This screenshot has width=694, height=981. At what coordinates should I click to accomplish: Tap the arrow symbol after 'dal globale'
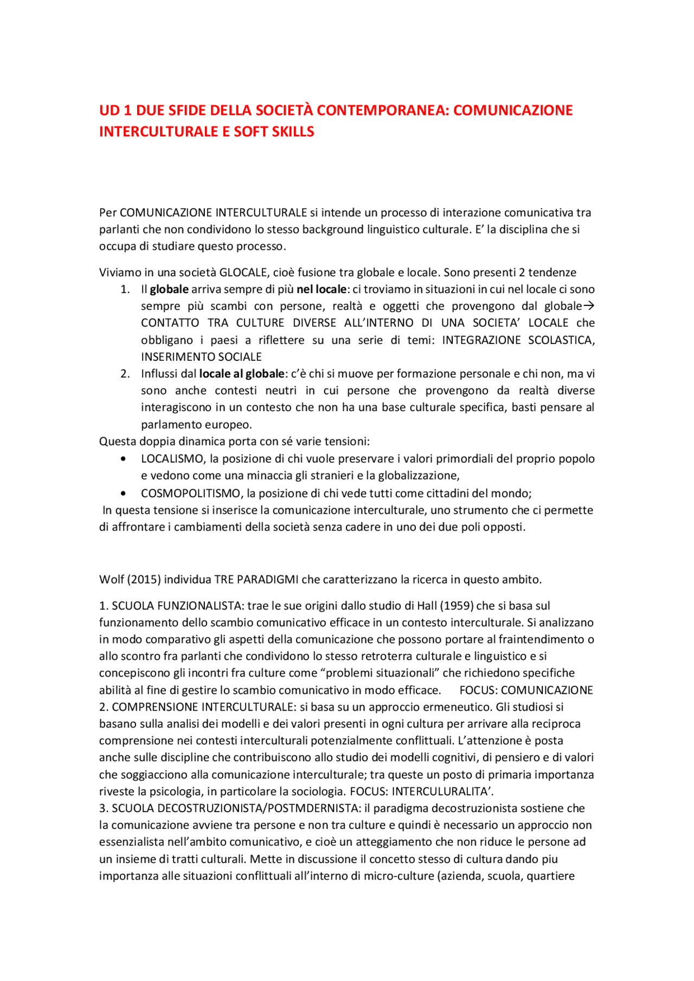(589, 306)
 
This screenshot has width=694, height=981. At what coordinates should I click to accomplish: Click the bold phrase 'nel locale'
(321, 289)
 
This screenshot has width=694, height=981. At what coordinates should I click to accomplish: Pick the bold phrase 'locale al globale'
(242, 374)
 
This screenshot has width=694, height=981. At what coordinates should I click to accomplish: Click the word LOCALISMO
(172, 459)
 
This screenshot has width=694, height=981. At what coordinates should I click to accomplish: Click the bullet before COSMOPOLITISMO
(124, 493)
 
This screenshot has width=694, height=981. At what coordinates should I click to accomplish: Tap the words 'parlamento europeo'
(196, 425)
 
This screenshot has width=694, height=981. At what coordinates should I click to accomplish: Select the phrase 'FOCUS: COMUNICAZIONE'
(526, 690)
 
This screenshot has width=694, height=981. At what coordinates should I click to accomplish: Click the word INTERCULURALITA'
(442, 791)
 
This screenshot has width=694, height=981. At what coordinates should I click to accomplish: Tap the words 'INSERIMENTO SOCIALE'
(201, 357)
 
